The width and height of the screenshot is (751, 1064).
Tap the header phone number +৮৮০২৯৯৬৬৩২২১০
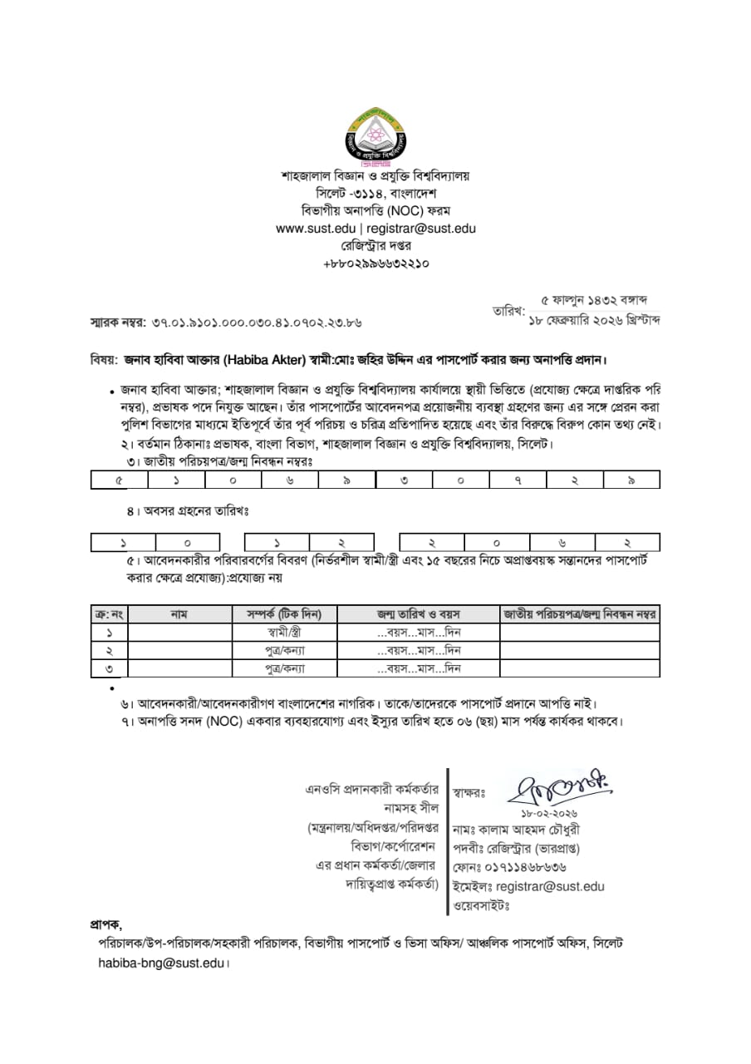click(x=375, y=264)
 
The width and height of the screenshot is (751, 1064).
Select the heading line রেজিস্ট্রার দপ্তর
click(x=375, y=246)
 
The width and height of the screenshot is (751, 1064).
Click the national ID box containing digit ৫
click(x=119, y=480)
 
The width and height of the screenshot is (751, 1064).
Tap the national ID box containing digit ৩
click(x=403, y=480)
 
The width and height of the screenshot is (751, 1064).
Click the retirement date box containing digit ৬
click(x=574, y=543)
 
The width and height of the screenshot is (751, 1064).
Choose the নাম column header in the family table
click(x=179, y=614)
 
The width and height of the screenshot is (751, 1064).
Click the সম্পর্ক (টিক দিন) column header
click(x=278, y=614)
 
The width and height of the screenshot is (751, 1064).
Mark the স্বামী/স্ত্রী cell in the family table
click(x=278, y=632)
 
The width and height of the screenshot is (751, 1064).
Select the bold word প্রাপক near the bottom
click(x=106, y=924)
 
